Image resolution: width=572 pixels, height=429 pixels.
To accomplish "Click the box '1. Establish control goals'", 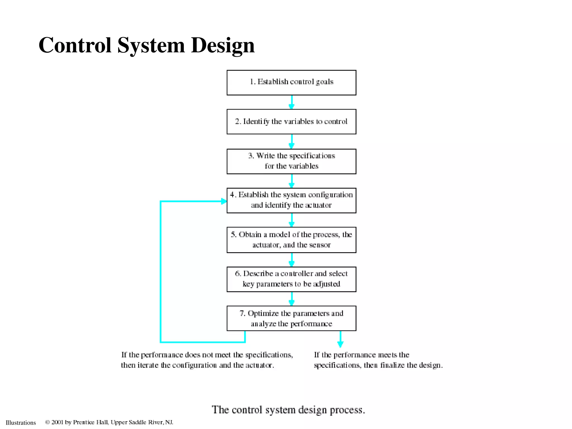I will point(291,82).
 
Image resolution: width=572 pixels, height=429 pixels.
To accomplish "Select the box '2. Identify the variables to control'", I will point(291,121).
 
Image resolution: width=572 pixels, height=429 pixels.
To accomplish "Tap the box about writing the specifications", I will point(291,161).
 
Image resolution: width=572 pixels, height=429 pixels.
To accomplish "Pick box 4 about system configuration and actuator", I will point(291,200).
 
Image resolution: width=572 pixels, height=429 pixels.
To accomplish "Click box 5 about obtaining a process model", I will point(291,240).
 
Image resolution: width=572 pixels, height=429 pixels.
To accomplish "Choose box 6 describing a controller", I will point(291,279).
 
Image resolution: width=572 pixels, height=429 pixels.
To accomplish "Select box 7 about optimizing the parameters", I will point(291,318).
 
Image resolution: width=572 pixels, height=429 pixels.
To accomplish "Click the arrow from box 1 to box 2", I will point(292,103).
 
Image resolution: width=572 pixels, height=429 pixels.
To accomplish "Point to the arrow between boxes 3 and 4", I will point(292,181).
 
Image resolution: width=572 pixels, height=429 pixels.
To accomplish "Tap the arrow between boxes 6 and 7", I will point(292,299).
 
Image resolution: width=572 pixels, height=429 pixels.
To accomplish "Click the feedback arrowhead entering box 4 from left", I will point(223,201).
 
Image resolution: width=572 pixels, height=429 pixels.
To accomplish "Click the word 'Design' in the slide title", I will point(223,45).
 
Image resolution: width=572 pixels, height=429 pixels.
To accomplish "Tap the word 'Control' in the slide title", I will point(75,45).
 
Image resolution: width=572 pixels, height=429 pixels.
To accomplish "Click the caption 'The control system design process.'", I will point(288,410).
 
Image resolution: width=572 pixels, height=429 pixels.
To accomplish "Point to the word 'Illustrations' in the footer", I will point(21,423).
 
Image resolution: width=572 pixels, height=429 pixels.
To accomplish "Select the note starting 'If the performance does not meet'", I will point(207,360).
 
